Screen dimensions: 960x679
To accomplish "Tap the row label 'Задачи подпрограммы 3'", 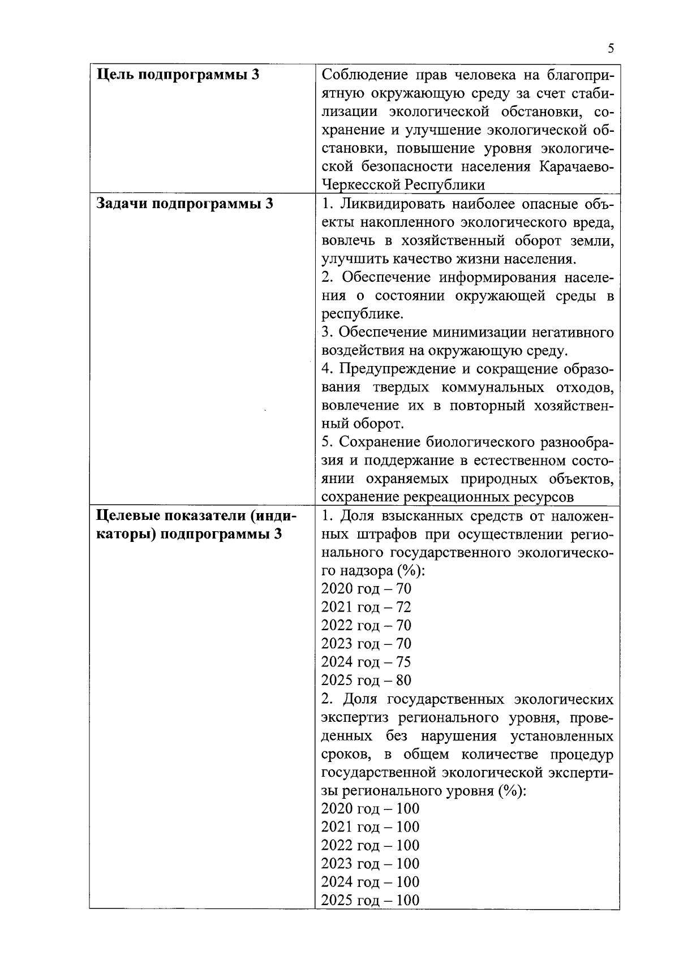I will [x=184, y=204].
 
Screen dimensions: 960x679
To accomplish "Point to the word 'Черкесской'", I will [x=360, y=185].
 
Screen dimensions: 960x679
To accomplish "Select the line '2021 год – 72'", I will [x=366, y=607].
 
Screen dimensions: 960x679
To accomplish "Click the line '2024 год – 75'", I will [x=366, y=662].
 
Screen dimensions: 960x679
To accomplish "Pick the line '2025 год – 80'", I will [x=366, y=680].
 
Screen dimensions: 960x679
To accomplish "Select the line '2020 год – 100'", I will [x=370, y=808].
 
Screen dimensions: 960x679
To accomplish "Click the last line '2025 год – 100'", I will [x=370, y=900].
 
